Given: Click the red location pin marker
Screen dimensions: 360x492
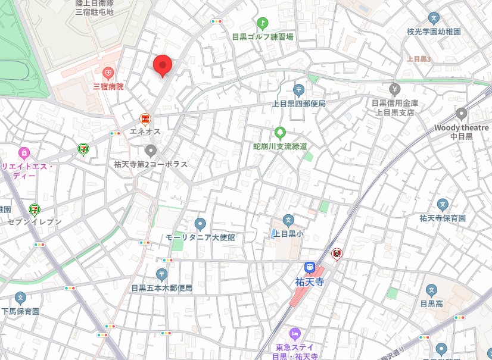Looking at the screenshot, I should click(x=162, y=64).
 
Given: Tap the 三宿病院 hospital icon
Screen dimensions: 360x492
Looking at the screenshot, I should click(x=108, y=74).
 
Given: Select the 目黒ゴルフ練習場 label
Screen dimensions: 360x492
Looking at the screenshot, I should click(x=263, y=36).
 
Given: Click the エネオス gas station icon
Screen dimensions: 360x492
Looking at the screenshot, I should click(x=145, y=119).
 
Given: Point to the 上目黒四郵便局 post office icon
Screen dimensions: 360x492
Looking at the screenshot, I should click(x=298, y=90).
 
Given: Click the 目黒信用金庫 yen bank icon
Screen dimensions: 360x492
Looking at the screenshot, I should click(x=394, y=89).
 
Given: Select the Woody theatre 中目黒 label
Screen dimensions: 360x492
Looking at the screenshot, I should click(x=461, y=132).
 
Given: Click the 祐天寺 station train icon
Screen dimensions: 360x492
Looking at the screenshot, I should click(x=309, y=268).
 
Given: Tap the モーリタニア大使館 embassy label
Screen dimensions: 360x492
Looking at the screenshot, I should click(x=200, y=237).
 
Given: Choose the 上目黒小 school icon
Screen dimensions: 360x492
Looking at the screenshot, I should click(x=288, y=221).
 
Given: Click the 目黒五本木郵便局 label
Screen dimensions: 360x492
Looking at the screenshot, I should click(x=162, y=287).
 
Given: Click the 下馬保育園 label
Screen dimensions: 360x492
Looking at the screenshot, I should click(x=20, y=311).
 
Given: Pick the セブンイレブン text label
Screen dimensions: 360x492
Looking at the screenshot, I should click(x=35, y=221).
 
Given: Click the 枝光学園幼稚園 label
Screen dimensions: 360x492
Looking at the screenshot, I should click(x=434, y=32).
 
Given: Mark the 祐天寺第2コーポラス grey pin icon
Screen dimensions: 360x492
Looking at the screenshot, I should click(x=151, y=151).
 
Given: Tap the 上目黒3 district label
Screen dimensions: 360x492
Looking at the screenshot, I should click(x=419, y=58).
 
